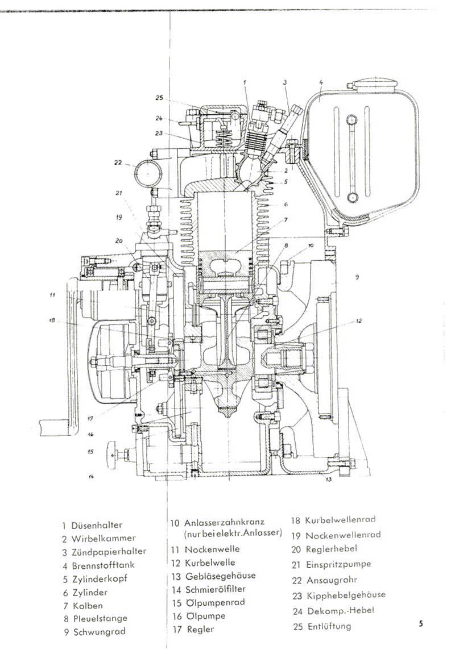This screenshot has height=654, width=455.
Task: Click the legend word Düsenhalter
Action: (x=97, y=525)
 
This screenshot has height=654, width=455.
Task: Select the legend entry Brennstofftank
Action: (x=103, y=565)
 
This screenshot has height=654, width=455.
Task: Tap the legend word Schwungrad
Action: (x=98, y=631)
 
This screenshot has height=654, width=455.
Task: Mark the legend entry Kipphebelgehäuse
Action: (x=345, y=595)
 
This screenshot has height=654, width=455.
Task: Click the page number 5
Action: (x=421, y=623)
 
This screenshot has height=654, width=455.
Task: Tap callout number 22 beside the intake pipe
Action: (x=118, y=163)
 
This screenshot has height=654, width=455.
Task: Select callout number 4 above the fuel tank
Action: (x=321, y=82)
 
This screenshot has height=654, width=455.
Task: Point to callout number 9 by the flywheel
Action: (x=357, y=277)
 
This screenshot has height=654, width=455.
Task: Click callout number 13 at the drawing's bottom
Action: (x=328, y=480)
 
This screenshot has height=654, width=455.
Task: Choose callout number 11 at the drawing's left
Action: (x=52, y=295)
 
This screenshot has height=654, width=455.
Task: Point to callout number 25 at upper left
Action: (x=159, y=98)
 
